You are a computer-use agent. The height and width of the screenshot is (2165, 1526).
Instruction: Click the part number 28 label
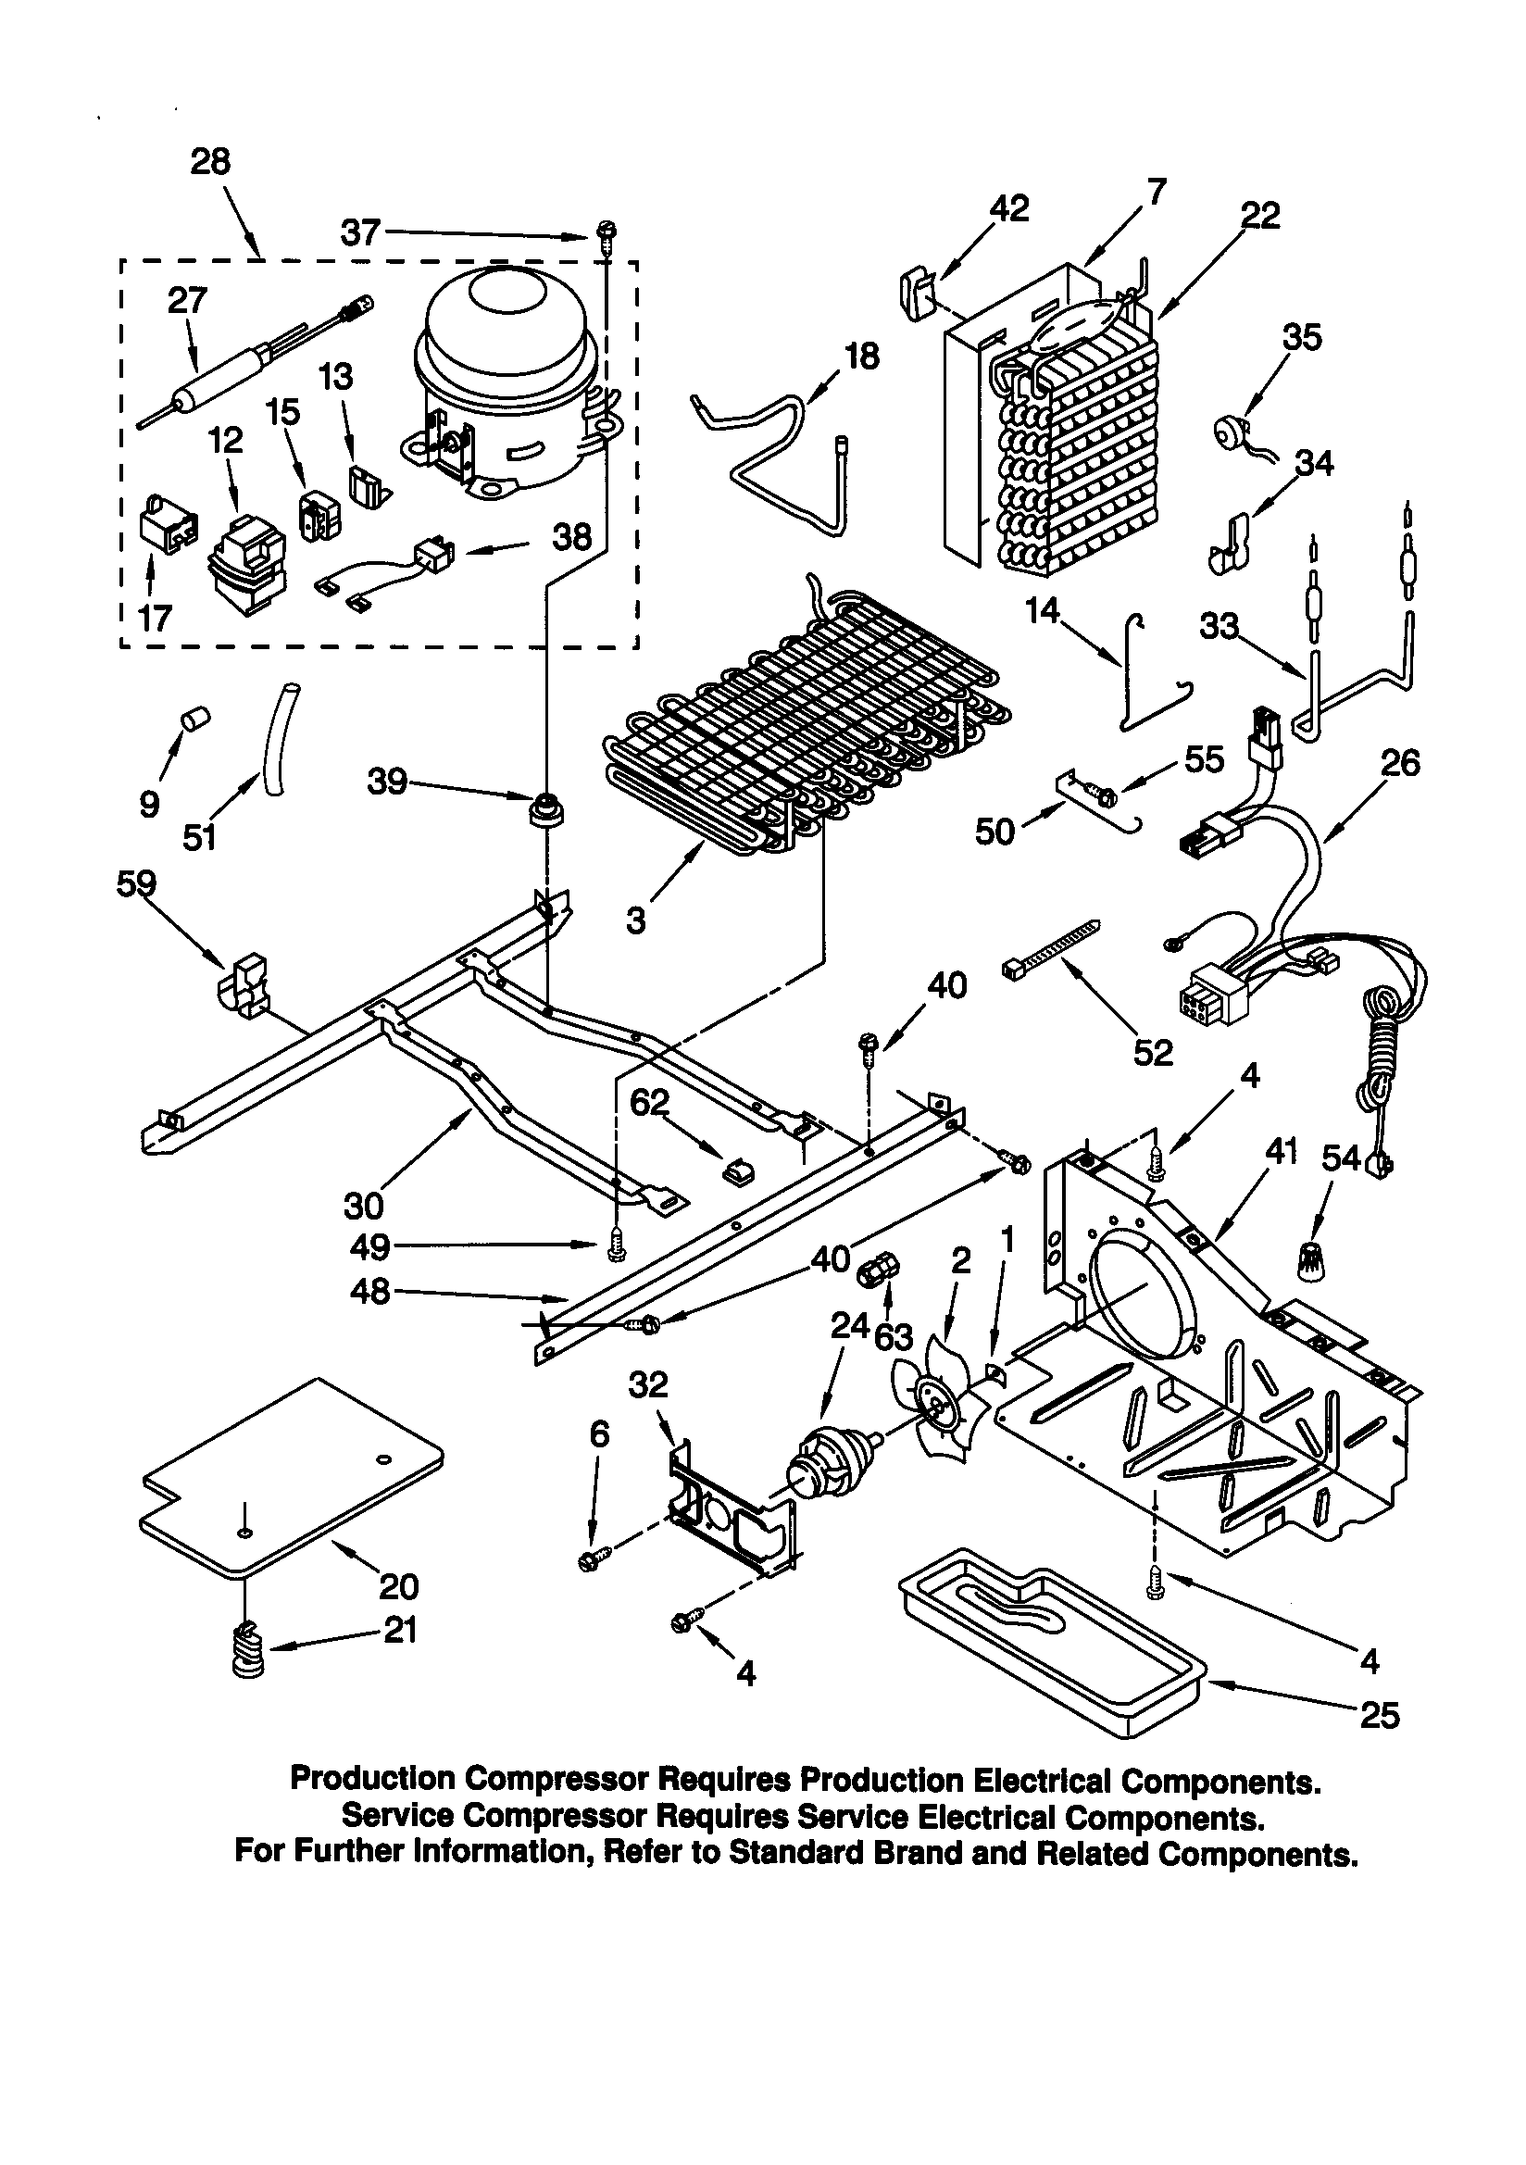click(209, 162)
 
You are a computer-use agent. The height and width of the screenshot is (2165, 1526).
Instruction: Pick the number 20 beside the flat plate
click(398, 1587)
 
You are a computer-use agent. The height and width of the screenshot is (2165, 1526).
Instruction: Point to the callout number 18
click(861, 357)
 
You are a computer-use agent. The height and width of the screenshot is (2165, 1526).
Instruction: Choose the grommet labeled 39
click(546, 809)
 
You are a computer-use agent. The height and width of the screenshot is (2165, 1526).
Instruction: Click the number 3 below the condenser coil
click(637, 920)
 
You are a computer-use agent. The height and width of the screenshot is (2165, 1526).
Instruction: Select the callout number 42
click(1008, 208)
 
